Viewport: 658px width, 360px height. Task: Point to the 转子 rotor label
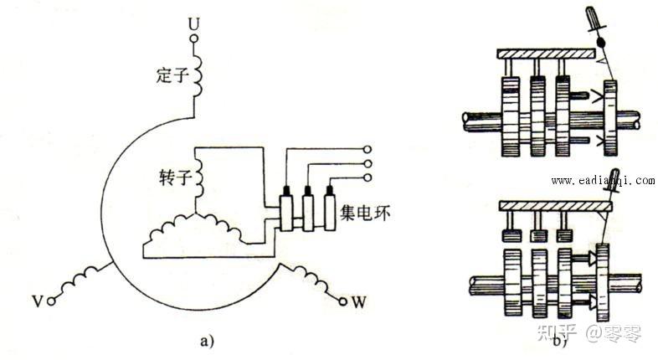click(x=173, y=178)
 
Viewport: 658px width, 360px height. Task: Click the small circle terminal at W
click(x=342, y=298)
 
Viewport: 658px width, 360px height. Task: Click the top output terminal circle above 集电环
click(x=367, y=150)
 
